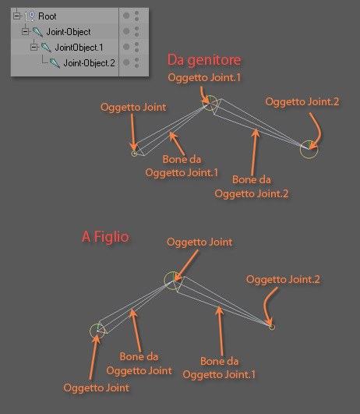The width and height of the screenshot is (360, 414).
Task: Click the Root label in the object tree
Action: point(48,16)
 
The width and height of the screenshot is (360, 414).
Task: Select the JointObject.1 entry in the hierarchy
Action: point(79,48)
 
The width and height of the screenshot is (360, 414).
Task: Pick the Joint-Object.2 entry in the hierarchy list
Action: point(89,63)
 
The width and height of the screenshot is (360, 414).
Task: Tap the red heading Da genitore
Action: point(204,60)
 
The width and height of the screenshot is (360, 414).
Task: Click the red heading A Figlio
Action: point(105,236)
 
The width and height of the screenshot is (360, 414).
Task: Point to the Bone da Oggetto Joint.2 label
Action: point(252,186)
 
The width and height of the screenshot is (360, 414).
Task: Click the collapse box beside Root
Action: point(16,16)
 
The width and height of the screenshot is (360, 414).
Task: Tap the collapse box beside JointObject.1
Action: point(34,48)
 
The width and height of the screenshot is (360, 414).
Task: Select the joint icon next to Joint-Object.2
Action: point(55,63)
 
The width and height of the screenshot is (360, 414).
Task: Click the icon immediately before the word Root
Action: point(30,16)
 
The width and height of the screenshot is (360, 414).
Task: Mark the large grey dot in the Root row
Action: point(126,16)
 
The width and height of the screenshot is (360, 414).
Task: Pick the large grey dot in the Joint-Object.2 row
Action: point(126,62)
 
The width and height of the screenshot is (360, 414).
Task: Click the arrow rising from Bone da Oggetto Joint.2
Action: point(255,152)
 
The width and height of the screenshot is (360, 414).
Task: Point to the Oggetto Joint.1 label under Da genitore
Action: point(204,78)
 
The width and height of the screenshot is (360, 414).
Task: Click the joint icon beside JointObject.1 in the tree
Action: point(46,48)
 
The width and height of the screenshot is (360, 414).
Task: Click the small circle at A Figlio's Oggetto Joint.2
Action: point(272,327)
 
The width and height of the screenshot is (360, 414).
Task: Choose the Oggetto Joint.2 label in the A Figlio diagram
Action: point(283,279)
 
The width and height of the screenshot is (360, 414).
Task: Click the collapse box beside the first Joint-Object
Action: point(26,32)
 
